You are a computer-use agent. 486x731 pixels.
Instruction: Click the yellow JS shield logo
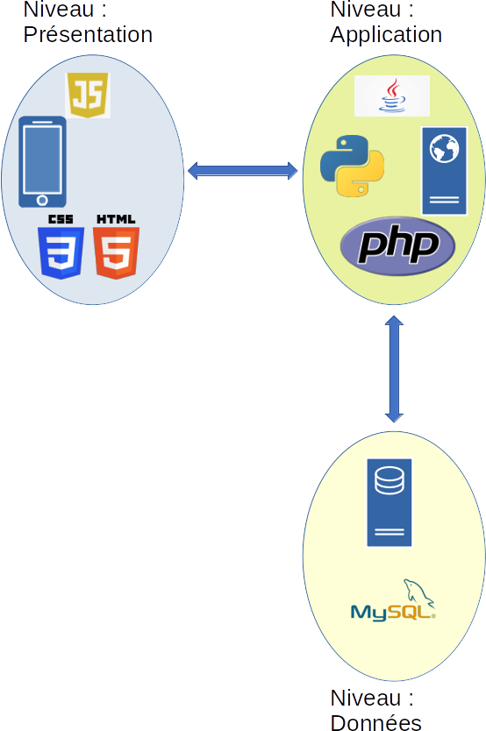click(x=88, y=95)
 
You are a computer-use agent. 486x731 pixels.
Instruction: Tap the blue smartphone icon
click(x=42, y=162)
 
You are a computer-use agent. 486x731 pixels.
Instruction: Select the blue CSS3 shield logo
click(x=61, y=252)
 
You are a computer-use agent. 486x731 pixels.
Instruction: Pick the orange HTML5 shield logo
click(x=116, y=252)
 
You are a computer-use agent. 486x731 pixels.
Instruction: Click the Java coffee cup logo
click(x=392, y=96)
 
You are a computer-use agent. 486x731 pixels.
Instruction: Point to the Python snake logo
click(x=352, y=166)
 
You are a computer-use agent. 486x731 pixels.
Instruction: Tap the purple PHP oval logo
click(x=397, y=245)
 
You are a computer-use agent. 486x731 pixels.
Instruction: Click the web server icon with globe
click(x=444, y=171)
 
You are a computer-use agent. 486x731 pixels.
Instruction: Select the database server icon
click(x=390, y=502)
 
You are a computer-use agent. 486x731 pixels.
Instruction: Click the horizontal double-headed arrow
click(x=242, y=171)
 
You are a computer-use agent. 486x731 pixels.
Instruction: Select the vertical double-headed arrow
click(x=394, y=369)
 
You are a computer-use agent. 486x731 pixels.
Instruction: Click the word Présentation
click(x=88, y=34)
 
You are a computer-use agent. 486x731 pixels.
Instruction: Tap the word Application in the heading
click(x=386, y=35)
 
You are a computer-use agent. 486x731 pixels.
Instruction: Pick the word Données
click(x=376, y=722)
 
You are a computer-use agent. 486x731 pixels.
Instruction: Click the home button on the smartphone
click(x=42, y=201)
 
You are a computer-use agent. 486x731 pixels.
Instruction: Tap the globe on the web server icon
click(x=444, y=149)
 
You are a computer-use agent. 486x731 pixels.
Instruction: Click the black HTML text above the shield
click(x=116, y=219)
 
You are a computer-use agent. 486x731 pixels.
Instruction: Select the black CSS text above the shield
click(x=61, y=219)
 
